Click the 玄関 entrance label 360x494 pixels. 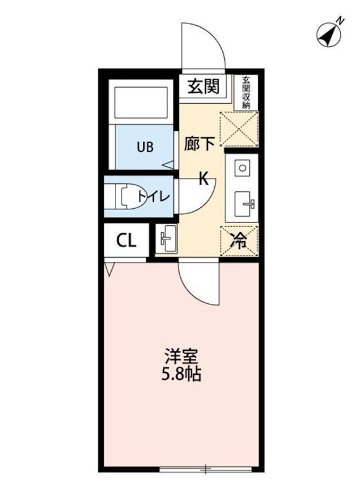(203, 87)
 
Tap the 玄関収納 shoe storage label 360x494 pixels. (246, 93)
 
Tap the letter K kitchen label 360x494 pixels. (203, 180)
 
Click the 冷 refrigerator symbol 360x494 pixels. (239, 241)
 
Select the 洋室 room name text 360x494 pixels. (180, 357)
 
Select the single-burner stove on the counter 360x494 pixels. (243, 167)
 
